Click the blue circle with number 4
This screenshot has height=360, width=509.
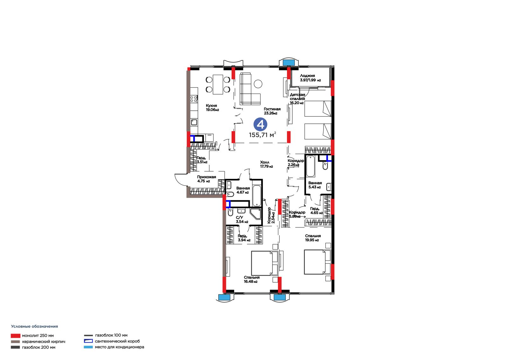[x=260, y=124]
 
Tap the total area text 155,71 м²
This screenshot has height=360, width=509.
[x=262, y=135]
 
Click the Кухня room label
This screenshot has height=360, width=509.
[x=211, y=106]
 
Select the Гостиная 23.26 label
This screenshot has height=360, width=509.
[x=272, y=111]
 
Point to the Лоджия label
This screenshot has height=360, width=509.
[x=307, y=76]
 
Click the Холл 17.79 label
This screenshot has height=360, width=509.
[x=266, y=164]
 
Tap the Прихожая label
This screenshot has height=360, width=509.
[x=206, y=177]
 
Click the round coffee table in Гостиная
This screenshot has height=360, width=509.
[x=258, y=84]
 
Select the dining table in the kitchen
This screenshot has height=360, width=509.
[x=218, y=84]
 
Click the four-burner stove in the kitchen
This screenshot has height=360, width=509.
[x=194, y=99]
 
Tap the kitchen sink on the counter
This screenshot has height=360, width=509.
[x=194, y=122]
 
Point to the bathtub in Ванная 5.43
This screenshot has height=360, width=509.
[x=310, y=166]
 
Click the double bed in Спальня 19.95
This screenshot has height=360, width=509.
[x=317, y=262]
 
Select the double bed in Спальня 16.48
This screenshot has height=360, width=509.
[x=264, y=263]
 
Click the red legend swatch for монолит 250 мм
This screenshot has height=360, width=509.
[x=16, y=336]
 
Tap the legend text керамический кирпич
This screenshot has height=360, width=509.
[x=44, y=342]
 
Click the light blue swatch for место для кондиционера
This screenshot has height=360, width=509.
[x=88, y=347]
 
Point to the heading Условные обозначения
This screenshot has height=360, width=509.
[x=35, y=326]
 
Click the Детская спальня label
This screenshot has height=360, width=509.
[x=297, y=97]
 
